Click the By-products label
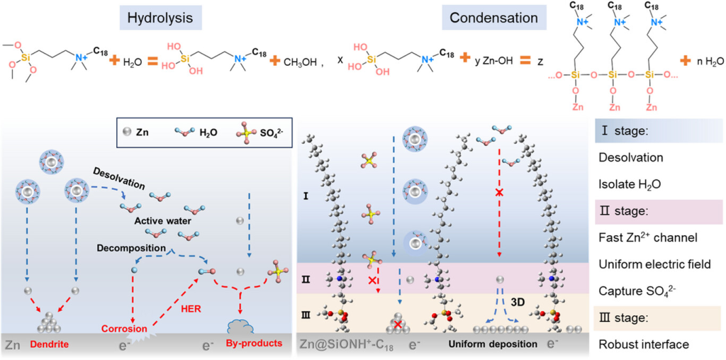(x=250, y=344)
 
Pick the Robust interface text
(x=644, y=344)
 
